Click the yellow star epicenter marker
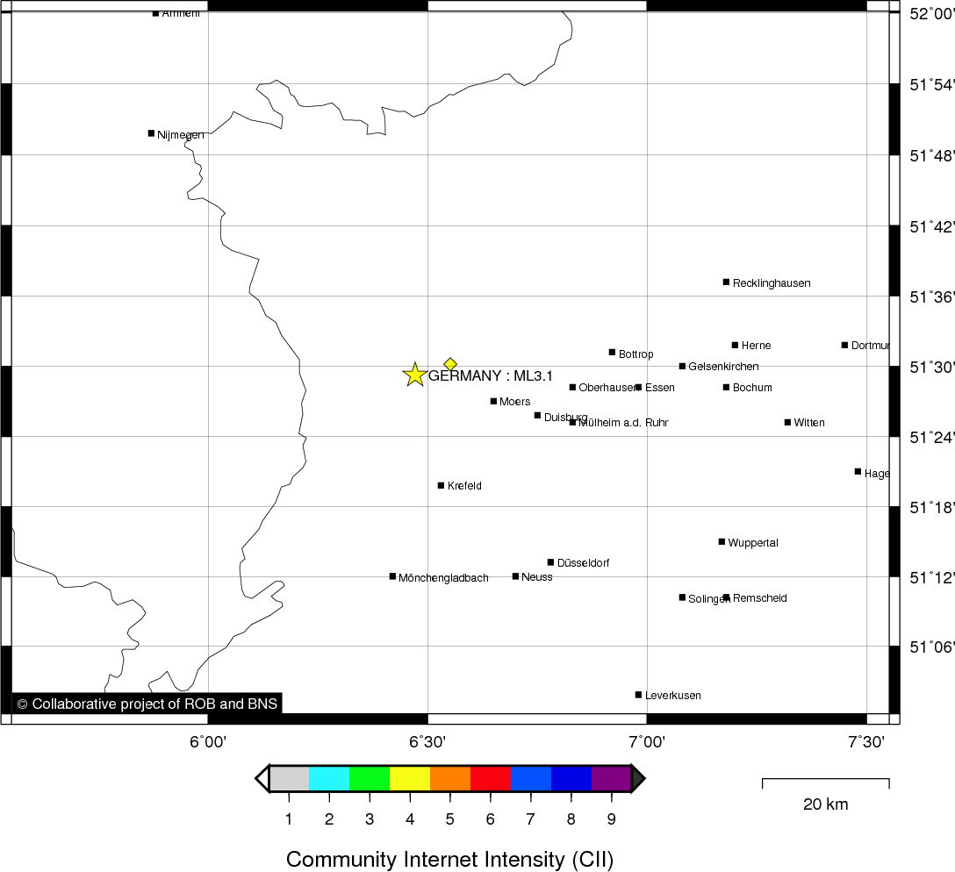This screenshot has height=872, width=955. [414, 375]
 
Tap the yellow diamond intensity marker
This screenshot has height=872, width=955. [450, 364]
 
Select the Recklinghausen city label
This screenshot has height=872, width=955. [772, 283]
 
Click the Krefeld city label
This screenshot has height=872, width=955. [464, 486]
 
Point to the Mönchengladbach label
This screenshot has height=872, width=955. [443, 578]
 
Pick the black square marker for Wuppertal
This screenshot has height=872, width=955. [722, 541]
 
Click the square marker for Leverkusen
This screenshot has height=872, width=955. [638, 695]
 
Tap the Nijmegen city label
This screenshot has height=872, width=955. [181, 135]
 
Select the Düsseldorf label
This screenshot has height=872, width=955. [583, 563]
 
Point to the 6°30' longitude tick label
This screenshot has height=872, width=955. [427, 742]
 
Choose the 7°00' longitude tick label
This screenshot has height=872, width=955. [647, 742]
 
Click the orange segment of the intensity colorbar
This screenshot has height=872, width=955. [450, 778]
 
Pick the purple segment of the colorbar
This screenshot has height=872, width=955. [611, 778]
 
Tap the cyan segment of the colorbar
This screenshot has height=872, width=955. [329, 778]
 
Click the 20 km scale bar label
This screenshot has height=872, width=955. [825, 804]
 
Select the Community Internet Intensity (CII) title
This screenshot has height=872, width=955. [449, 859]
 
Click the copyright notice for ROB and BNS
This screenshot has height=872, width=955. [147, 704]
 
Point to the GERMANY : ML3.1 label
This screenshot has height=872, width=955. [491, 376]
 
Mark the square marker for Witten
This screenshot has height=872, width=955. [787, 422]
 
